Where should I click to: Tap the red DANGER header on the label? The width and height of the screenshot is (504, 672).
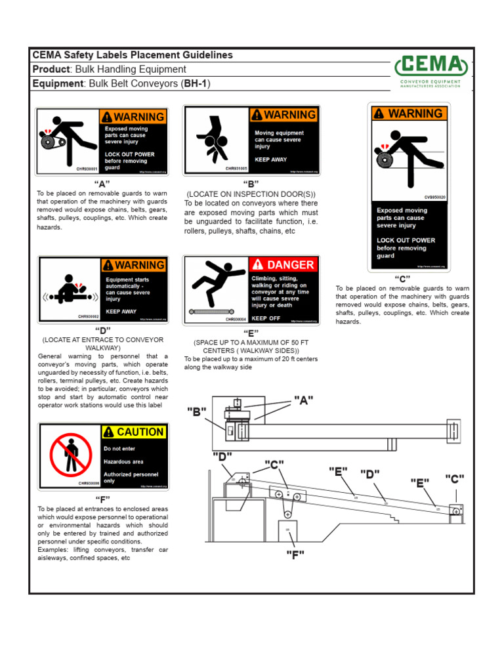284,264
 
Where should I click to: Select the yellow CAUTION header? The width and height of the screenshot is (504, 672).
135,432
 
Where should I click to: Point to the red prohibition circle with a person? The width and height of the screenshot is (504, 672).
70,455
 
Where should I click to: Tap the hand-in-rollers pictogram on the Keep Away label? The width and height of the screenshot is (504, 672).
214,139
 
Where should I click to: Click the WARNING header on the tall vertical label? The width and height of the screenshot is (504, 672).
409,114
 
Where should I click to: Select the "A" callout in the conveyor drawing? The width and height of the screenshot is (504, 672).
303,400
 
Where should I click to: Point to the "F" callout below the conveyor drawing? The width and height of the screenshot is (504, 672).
295,555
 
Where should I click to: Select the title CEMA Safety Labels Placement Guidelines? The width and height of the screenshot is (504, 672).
133,55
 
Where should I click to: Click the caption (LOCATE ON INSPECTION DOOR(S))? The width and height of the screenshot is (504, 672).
251,194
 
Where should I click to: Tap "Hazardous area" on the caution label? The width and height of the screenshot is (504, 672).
123,461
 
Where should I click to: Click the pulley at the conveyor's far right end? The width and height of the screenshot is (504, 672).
456,511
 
